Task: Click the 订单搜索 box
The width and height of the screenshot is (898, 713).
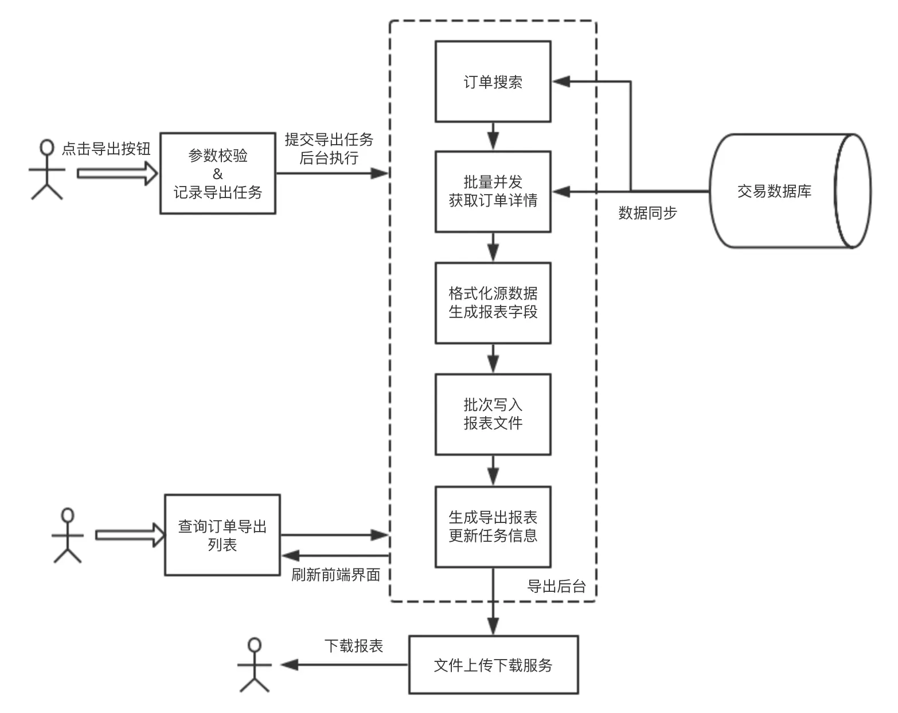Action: (x=493, y=82)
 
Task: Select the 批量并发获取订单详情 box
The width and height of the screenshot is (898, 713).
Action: (x=493, y=191)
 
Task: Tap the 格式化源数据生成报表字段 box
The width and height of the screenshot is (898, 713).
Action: (x=493, y=303)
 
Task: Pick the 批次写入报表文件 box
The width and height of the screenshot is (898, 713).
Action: (x=493, y=414)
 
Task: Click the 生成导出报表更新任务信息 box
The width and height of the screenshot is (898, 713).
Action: (x=493, y=526)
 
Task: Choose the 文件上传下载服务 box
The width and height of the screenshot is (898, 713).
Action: (x=493, y=665)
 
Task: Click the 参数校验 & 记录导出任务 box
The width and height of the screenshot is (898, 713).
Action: (x=217, y=173)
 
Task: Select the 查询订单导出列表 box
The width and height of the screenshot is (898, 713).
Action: (x=222, y=534)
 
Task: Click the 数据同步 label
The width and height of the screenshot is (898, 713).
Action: (x=647, y=213)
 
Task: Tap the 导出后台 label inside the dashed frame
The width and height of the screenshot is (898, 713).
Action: (x=556, y=586)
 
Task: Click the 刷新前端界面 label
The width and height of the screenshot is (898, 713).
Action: (x=335, y=575)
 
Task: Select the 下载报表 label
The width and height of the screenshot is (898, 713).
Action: (x=353, y=646)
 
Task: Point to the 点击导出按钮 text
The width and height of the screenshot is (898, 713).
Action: (x=106, y=149)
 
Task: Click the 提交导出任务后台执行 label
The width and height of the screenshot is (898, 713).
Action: (x=329, y=149)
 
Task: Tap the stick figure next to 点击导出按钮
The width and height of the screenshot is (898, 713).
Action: (x=46, y=169)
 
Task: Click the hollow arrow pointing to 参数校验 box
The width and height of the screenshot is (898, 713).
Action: (x=117, y=173)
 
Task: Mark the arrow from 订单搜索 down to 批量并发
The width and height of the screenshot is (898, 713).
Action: (x=493, y=137)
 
